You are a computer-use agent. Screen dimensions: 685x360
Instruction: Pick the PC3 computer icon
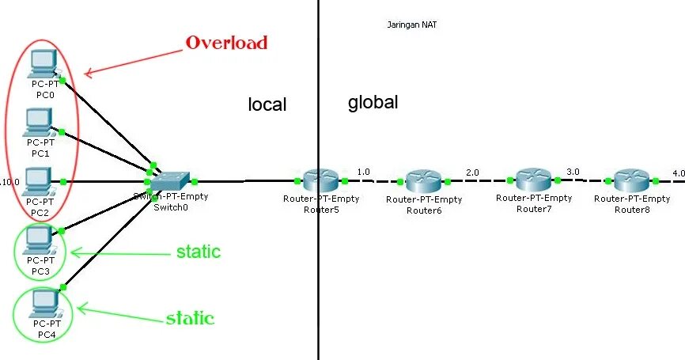point(40,238)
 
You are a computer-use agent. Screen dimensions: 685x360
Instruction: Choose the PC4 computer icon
point(44,301)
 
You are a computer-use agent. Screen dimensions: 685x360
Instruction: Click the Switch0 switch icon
point(170,182)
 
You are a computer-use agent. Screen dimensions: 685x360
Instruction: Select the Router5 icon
point(320,180)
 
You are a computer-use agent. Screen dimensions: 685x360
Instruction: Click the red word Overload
point(226,43)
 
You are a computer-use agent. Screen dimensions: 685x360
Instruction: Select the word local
point(267,104)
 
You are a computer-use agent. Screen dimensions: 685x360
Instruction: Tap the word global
point(373,102)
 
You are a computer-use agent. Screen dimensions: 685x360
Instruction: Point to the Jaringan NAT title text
point(411,25)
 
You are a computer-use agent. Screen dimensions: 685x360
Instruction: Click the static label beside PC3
point(198,252)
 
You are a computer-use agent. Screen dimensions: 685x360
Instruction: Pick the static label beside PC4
point(190,318)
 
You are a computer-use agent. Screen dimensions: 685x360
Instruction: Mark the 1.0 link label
point(363,171)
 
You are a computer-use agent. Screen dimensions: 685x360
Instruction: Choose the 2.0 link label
point(472,172)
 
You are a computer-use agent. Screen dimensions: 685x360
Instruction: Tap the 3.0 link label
point(573,171)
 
